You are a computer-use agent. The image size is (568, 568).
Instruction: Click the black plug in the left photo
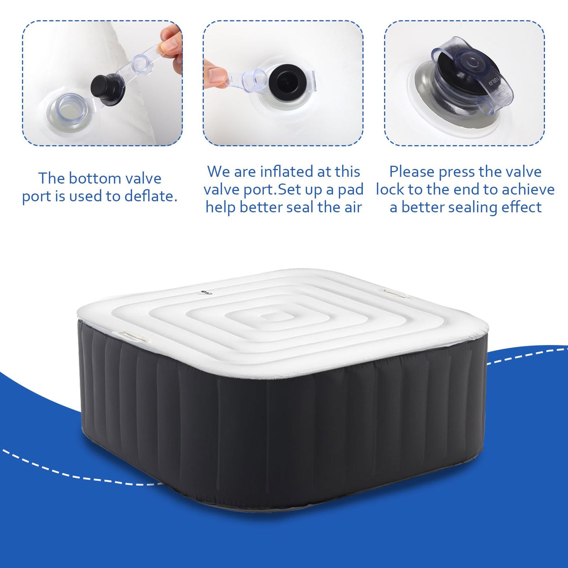tap(107, 90)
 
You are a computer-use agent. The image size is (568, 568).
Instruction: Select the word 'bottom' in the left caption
tap(94, 178)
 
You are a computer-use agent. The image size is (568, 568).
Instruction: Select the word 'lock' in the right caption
tap(390, 189)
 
